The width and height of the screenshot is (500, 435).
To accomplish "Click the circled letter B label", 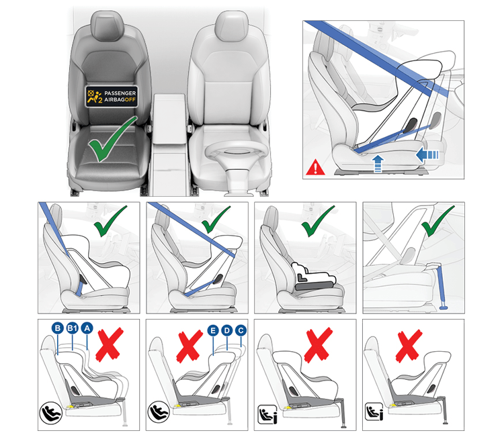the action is tap(58, 328).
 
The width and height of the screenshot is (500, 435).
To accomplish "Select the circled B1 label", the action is tap(73, 328).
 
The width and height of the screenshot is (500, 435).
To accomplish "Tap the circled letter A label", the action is tap(87, 328).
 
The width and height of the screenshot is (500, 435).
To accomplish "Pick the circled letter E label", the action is tap(213, 330).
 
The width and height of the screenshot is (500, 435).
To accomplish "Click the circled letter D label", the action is tap(226, 330).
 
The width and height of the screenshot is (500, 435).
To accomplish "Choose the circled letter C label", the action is tap(241, 330).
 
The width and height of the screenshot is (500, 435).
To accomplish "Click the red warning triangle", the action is tap(315, 167).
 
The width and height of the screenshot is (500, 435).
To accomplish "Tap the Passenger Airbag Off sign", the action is tap(112, 97).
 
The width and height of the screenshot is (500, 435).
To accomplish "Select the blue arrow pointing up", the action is tap(378, 164).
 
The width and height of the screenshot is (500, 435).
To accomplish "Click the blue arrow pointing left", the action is tap(427, 155).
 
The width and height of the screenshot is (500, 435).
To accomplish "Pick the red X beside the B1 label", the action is tap(110, 344).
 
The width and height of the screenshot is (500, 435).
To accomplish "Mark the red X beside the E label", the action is tap(190, 346).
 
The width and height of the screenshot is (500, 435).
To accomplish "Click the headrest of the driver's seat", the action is tap(231, 26).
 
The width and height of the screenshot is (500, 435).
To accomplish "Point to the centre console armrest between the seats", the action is tap(169, 118).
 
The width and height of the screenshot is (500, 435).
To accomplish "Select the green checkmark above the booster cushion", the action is tap(318, 222).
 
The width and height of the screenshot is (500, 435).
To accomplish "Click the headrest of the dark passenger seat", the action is tap(107, 26).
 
